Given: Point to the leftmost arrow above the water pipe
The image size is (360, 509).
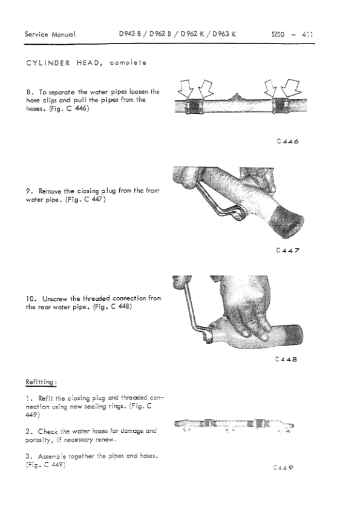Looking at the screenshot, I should point(185,91).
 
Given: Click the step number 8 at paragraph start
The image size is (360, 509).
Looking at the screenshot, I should point(28,92).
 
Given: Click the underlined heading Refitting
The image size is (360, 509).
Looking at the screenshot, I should point(41,382).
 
